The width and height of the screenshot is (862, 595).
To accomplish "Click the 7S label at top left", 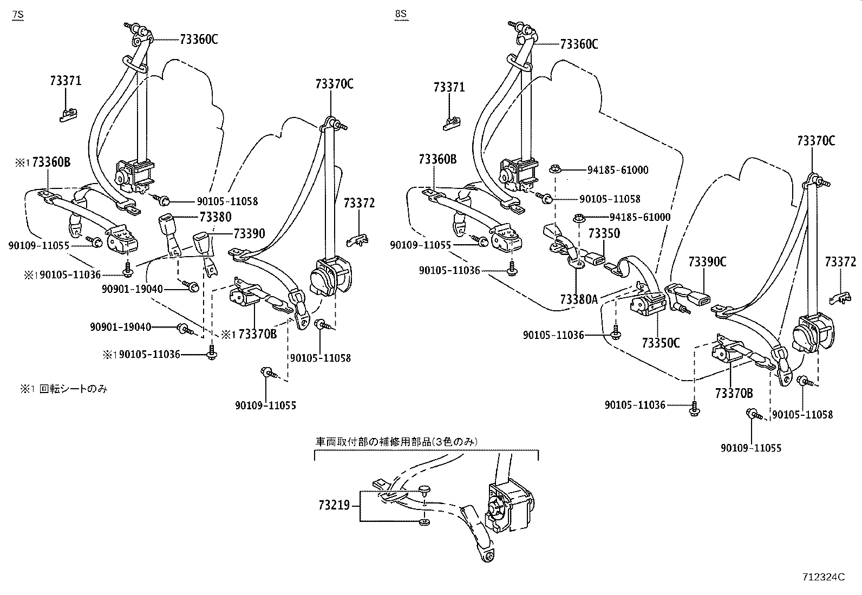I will tap(18, 15).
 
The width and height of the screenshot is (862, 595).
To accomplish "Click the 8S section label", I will tap(400, 15).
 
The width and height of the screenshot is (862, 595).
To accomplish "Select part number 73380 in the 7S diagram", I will tap(215, 217).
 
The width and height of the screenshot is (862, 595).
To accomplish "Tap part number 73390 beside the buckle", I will tap(249, 233).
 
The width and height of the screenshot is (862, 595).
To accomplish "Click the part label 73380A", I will tap(578, 298).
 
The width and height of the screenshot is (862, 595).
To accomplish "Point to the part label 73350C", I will tap(661, 342).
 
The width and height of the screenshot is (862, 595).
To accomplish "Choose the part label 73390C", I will tap(707, 261).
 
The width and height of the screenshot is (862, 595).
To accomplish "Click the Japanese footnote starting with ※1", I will tap(61, 389).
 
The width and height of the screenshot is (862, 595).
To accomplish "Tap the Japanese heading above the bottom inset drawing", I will tap(397, 442).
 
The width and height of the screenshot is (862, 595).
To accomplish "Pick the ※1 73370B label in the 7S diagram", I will tap(249, 334).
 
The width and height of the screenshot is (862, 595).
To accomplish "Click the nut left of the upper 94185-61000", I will tap(554, 169).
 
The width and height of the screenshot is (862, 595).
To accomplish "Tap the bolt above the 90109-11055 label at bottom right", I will tap(754, 415).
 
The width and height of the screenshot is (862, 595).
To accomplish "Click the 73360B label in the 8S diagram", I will tap(437, 159).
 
